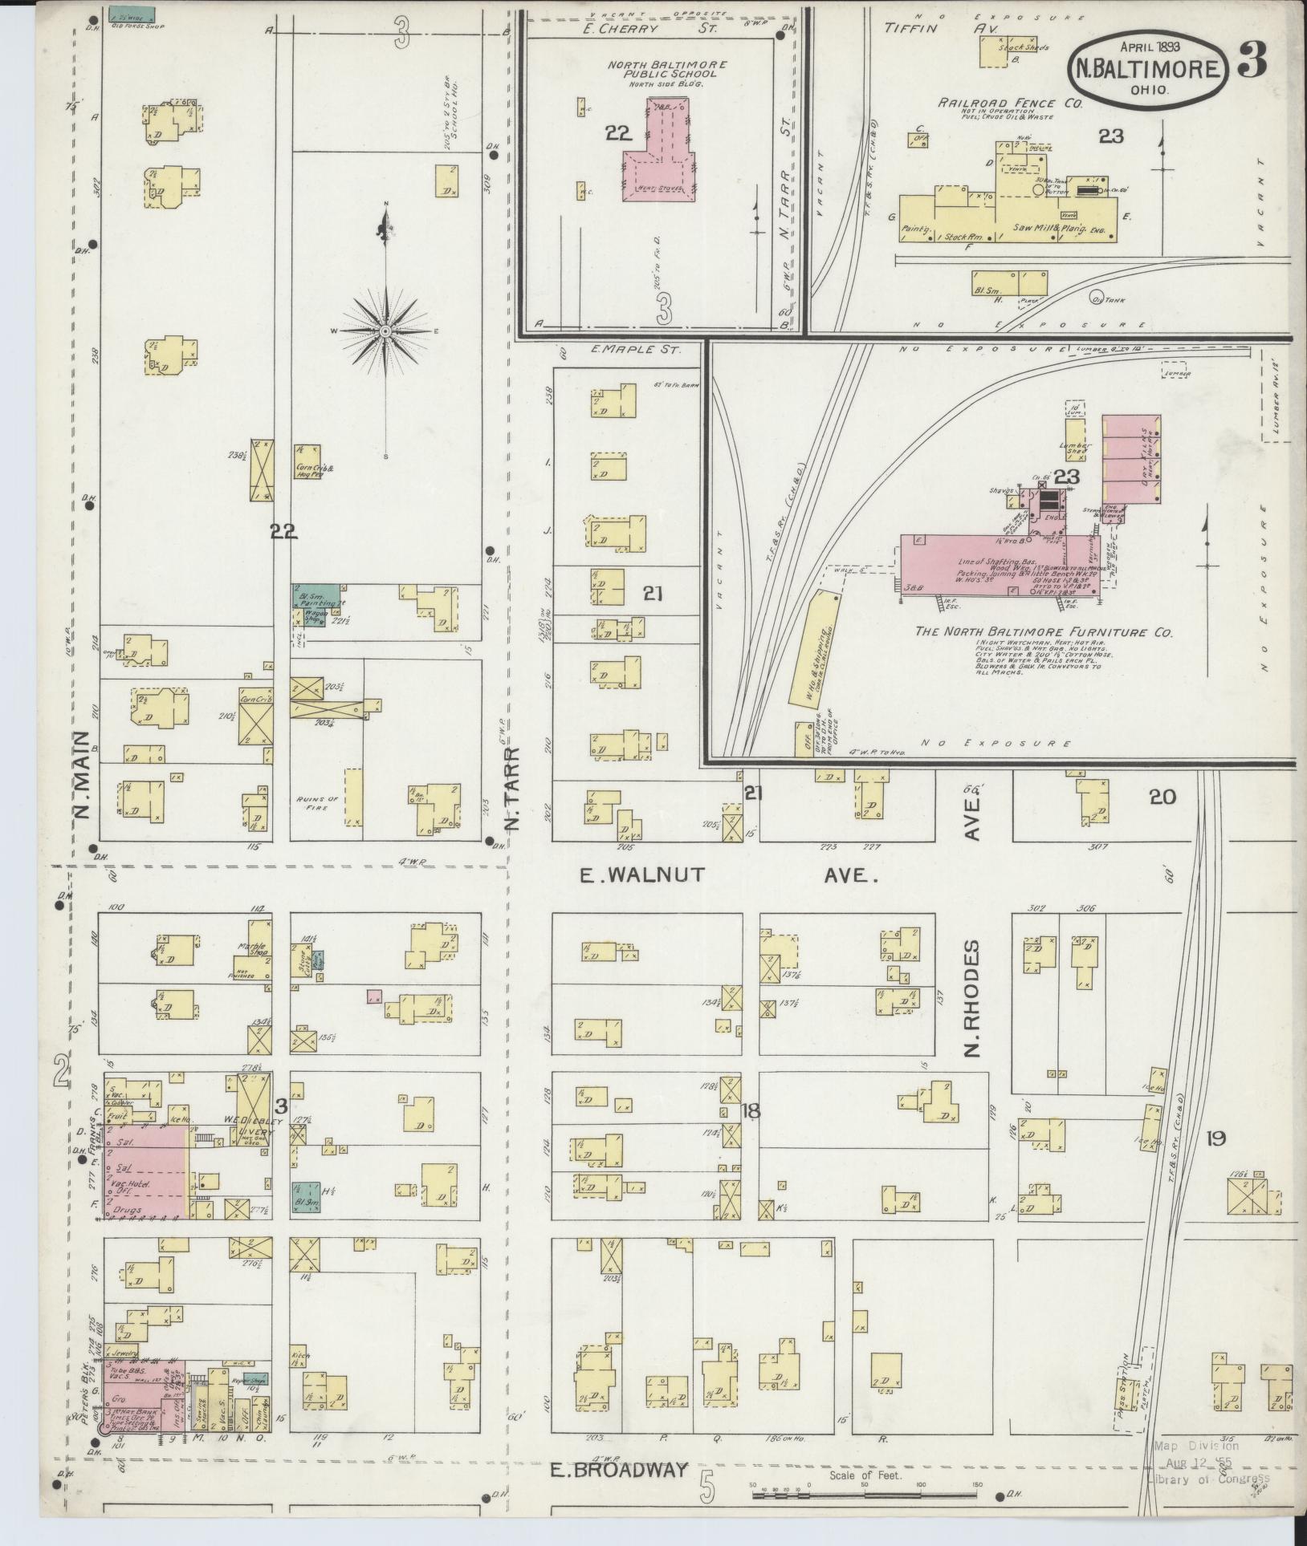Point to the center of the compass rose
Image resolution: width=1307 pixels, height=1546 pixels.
click(x=386, y=331)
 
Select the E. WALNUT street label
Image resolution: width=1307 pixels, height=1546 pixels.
click(x=642, y=874)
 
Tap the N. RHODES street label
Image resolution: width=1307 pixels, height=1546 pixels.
click(x=973, y=998)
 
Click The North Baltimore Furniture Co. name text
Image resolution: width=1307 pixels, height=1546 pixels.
click(x=1044, y=632)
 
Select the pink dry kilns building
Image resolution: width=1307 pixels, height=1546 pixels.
click(x=1130, y=459)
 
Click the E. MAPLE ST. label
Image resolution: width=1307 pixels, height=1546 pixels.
click(x=635, y=351)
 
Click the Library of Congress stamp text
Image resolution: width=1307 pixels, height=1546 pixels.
click(x=1208, y=1479)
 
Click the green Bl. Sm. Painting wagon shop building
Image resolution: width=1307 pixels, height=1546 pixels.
click(x=308, y=605)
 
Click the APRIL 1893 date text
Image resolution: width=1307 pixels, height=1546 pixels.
click(x=1149, y=46)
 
